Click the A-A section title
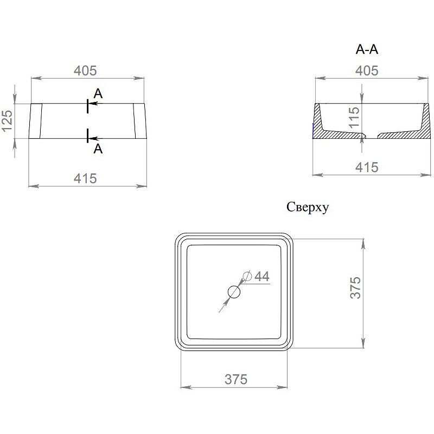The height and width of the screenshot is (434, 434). [367, 49]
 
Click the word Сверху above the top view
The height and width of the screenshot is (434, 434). [308, 207]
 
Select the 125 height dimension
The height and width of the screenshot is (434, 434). [7, 121]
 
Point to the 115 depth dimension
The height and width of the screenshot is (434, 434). [354, 118]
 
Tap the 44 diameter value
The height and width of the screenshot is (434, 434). [262, 276]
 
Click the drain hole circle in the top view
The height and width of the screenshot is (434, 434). [234, 292]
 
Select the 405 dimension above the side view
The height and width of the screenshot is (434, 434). [85, 71]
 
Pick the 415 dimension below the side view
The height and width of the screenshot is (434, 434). [85, 178]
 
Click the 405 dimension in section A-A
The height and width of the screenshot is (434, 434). [367, 71]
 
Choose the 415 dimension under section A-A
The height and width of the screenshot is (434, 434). [367, 168]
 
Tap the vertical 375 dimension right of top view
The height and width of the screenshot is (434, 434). [356, 288]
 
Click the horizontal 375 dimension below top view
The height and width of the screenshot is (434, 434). [236, 379]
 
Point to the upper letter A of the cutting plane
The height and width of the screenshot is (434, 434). [98, 94]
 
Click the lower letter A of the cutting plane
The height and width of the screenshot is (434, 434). [98, 149]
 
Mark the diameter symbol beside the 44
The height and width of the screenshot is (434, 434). [247, 276]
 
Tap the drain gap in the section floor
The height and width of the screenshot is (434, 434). [372, 135]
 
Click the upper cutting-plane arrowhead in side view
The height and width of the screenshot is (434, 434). [93, 104]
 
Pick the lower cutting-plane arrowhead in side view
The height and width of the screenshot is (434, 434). [93, 138]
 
